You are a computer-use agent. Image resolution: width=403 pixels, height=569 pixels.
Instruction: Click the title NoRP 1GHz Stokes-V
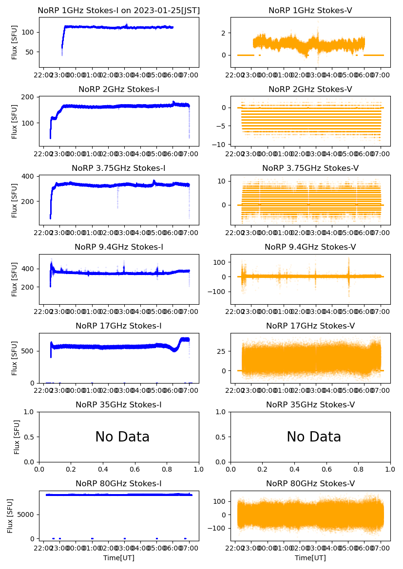click(x=310, y=11)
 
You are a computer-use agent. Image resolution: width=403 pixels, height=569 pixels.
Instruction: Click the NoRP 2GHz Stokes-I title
click(x=119, y=90)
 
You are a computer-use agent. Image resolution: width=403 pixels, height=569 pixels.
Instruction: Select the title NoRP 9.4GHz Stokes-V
click(x=310, y=247)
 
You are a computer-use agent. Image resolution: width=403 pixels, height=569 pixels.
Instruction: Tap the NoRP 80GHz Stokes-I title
click(x=119, y=484)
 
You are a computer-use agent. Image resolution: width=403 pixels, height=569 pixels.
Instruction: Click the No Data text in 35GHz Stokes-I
click(x=122, y=437)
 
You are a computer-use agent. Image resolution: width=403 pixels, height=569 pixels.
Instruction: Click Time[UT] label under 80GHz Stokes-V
click(x=310, y=558)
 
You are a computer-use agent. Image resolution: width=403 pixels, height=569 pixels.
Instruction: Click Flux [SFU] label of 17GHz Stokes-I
click(x=15, y=358)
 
